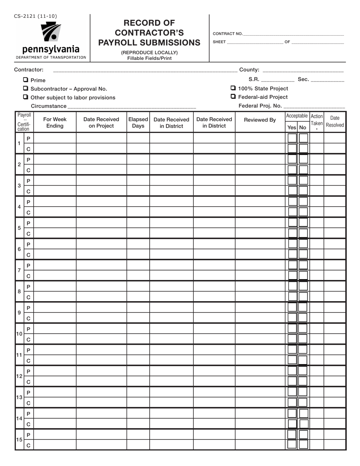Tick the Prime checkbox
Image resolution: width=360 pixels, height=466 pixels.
[x=25, y=80]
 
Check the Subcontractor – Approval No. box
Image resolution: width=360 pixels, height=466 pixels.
[x=25, y=88]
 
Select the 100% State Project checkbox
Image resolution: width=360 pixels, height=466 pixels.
[x=233, y=88]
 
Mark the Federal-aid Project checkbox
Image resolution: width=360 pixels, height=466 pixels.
[x=233, y=97]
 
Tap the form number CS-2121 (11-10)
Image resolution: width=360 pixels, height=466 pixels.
[x=36, y=16]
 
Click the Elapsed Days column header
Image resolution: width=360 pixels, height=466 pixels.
[x=138, y=122]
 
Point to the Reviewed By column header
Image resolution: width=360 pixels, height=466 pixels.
[x=260, y=120]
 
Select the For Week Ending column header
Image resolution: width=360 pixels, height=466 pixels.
[x=55, y=122]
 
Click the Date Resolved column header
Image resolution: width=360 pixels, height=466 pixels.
[x=335, y=121]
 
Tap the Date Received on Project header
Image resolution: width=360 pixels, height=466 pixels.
[x=101, y=122]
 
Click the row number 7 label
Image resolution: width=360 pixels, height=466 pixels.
[x=19, y=271]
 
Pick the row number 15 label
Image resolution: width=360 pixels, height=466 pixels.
[x=19, y=440]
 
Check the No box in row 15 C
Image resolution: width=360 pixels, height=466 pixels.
[x=303, y=445]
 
